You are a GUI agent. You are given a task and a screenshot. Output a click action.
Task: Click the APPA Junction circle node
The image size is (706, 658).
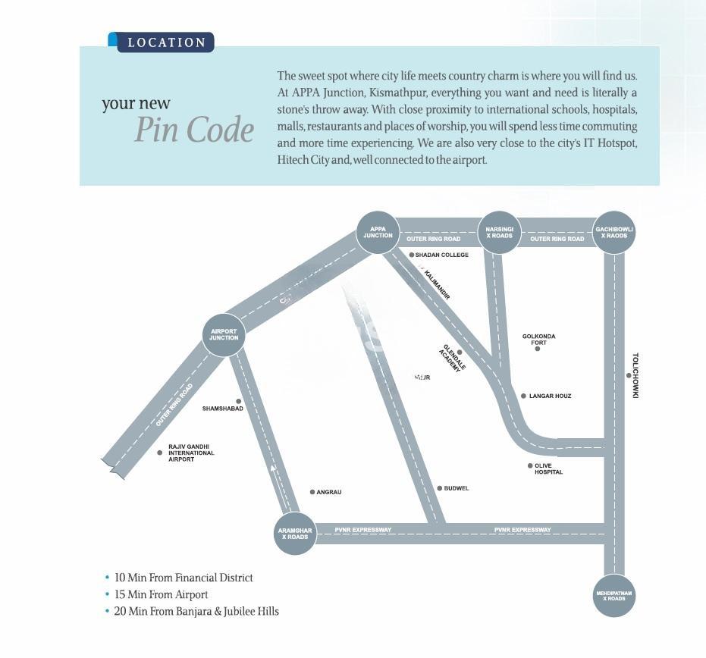tap(378, 233)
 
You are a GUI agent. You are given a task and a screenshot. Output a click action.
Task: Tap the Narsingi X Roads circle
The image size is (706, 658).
tap(500, 233)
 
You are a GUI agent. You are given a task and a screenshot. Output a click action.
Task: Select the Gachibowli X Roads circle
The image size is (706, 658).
tap(614, 233)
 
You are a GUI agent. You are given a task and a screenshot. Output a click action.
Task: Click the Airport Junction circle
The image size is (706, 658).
tap(224, 334)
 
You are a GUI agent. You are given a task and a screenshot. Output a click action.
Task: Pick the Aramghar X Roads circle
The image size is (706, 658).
tap(295, 534)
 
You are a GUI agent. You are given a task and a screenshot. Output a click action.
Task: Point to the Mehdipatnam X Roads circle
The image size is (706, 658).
tap(614, 595)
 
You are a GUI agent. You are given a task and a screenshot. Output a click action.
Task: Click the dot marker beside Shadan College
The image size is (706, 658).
tap(412, 255)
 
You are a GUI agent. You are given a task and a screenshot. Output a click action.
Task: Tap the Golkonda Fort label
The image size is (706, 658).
tap(538, 339)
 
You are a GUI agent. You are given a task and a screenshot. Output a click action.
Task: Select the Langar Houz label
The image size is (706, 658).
tap(550, 396)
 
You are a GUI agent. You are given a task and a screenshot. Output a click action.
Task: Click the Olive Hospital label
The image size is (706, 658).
tap(548, 469)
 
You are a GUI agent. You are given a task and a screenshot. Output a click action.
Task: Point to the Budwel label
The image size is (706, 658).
tap(456, 488)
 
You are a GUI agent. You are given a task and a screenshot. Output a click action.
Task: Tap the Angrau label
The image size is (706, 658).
tap(329, 493)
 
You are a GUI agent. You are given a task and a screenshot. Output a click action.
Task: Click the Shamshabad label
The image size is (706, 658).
tap(223, 409)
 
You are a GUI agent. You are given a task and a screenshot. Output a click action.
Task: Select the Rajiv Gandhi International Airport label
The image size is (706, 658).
tap(191, 453)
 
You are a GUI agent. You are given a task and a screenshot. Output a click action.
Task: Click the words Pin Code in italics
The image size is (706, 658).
tap(195, 130)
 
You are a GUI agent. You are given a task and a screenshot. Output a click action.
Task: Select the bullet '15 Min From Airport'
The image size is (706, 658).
tap(161, 594)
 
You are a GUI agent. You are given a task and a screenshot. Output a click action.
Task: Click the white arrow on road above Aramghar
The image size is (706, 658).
tap(273, 473)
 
